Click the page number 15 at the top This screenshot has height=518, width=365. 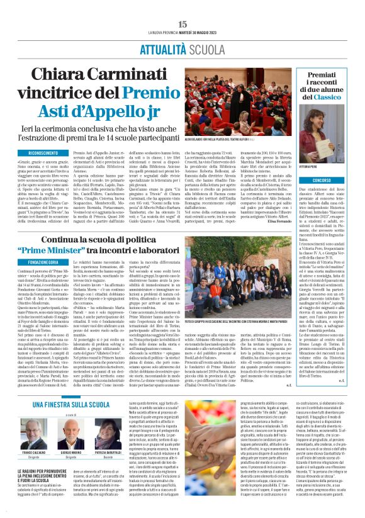(x=182, y=23)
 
